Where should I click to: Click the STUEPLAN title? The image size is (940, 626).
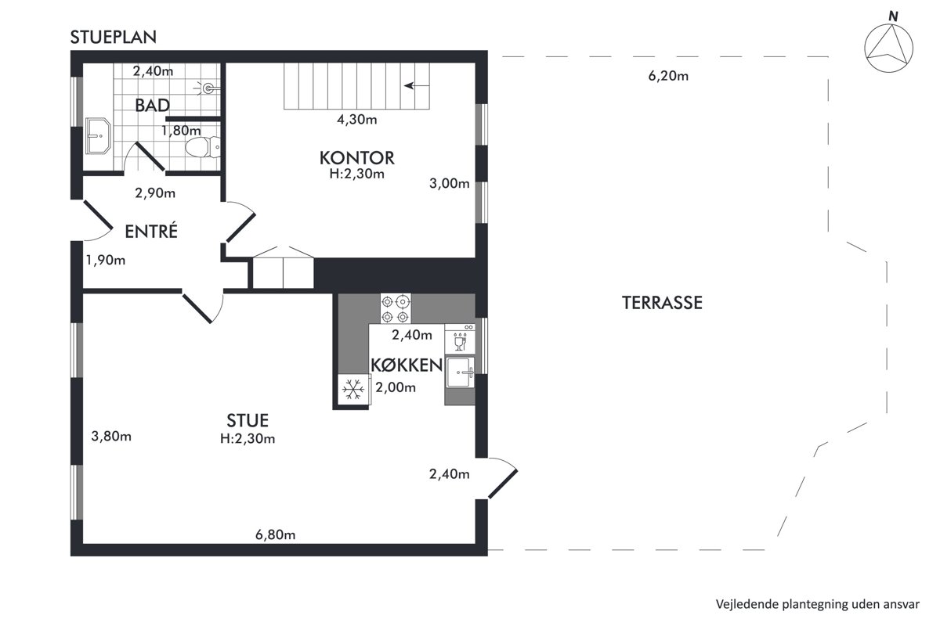click(114, 38)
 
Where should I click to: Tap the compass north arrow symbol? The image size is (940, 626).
click(889, 48)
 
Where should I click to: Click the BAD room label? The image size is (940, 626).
click(152, 105)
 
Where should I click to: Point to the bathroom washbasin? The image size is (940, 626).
click(98, 136)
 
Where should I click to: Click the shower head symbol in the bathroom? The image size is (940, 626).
click(208, 88)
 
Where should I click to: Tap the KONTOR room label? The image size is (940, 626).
click(357, 158)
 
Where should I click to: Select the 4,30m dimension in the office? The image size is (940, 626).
click(356, 120)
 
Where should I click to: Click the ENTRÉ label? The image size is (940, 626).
click(151, 231)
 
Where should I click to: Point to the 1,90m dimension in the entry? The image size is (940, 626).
click(106, 261)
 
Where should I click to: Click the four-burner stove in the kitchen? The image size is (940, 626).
click(396, 308)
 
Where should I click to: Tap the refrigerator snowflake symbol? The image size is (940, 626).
click(353, 390)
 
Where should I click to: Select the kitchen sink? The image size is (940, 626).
click(460, 372)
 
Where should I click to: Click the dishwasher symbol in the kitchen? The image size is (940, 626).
click(460, 339)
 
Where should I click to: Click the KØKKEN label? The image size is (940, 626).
click(407, 365)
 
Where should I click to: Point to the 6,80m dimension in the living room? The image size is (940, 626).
click(275, 535)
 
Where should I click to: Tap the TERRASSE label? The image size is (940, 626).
click(662, 303)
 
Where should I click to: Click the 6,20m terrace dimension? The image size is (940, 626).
click(668, 77)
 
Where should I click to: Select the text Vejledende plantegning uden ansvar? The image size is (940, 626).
click(818, 604)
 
